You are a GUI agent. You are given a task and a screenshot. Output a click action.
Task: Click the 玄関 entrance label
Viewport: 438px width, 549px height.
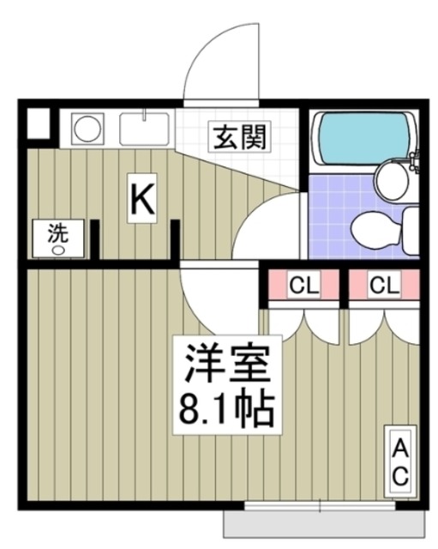[240, 136]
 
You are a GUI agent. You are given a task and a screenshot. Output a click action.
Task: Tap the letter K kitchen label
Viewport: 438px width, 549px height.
[142, 199]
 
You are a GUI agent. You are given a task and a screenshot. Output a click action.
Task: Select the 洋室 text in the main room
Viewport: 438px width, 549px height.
[228, 363]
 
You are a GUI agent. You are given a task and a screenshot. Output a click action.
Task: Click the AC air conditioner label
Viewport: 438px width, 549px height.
[400, 462]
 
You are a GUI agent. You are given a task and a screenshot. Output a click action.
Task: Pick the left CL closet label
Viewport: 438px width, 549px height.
[304, 284]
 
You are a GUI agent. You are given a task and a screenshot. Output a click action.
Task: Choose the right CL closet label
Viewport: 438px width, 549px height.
[385, 284]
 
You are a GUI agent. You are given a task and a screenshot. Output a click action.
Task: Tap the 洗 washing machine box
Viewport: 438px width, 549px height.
[58, 238]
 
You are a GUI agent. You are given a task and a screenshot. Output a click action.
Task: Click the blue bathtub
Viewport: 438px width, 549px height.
[363, 138]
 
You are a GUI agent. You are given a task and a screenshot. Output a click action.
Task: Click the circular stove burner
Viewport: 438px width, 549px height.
[87, 128]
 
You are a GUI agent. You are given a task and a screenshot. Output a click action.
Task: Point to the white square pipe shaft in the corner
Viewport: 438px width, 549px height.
[39, 124]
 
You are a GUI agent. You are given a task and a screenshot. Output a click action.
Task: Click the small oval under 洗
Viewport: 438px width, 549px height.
[57, 250]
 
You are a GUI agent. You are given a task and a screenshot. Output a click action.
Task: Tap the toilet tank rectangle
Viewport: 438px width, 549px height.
[411, 231]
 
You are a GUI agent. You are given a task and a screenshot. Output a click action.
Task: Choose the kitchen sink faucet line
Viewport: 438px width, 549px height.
[144, 114]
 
